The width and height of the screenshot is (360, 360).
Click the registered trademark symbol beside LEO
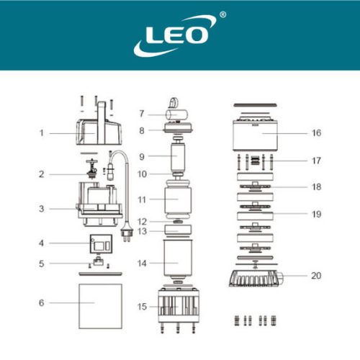(x=222, y=14)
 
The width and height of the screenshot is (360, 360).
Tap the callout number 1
(x=42, y=132)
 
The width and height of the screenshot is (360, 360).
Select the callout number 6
(x=42, y=303)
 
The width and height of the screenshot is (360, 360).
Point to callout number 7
(x=141, y=114)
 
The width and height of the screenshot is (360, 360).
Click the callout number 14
(x=142, y=264)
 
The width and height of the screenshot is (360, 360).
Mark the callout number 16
(x=316, y=132)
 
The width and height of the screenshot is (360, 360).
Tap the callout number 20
(x=316, y=276)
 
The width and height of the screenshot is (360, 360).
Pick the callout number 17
(x=316, y=161)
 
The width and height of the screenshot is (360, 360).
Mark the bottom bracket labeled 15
(x=176, y=307)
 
